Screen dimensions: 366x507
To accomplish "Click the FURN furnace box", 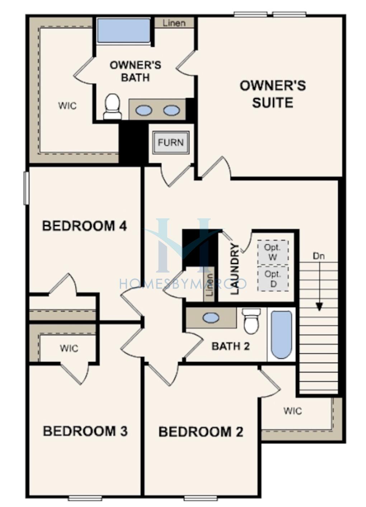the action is (170, 143).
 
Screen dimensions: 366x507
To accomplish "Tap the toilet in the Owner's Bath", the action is (113, 106).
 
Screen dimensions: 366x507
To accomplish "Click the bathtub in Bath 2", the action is (282, 335).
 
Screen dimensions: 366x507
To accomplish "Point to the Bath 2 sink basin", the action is (211, 318).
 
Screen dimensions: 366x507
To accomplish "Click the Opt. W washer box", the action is (273, 252).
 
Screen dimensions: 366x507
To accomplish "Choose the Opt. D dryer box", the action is (273, 278).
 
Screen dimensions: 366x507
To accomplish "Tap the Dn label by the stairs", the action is (319, 256).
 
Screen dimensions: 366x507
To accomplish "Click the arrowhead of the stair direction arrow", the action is (319, 307).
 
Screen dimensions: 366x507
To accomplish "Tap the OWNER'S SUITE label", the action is (273, 94).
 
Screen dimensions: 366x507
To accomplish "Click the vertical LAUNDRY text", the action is (235, 269).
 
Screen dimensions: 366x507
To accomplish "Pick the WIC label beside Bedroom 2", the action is (292, 411).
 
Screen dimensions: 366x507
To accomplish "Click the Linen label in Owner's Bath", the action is (174, 23).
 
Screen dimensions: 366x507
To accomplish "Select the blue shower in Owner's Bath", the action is (124, 30).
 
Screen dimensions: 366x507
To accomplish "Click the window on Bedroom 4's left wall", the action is (27, 188).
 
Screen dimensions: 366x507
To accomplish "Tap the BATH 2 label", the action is (231, 346).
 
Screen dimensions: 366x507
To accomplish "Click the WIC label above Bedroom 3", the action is (69, 348).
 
